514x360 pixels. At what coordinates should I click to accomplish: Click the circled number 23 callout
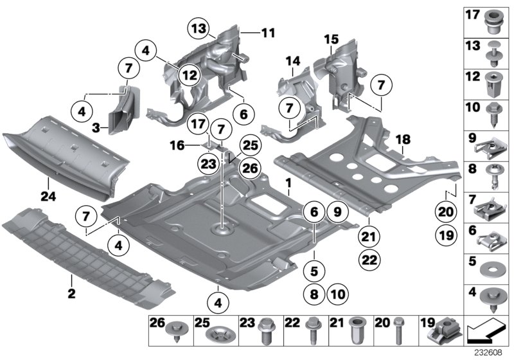(x=208, y=165)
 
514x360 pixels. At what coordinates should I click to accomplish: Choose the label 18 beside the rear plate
(x=403, y=139)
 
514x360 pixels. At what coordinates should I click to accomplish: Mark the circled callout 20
(x=446, y=212)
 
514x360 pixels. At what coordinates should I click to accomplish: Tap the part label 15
(x=331, y=40)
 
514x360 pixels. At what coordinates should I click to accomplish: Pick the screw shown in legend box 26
(x=175, y=332)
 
